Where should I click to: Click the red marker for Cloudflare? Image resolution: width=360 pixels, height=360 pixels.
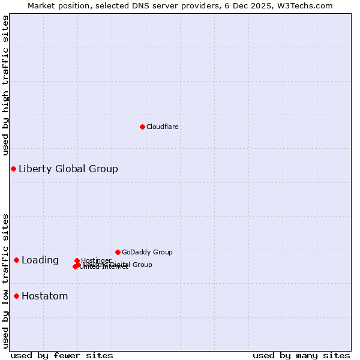point(142,127)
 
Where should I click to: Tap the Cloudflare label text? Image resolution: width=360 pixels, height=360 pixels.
point(163,127)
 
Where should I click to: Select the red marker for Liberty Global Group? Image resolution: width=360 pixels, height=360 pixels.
point(13,169)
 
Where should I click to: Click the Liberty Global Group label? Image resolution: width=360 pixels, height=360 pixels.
point(68,169)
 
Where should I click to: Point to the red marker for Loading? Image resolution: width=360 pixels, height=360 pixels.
point(16,260)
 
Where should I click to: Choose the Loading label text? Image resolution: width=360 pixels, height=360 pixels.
point(40,260)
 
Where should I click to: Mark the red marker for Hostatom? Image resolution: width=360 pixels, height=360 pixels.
point(16,296)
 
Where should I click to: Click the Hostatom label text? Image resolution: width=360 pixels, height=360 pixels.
point(45,296)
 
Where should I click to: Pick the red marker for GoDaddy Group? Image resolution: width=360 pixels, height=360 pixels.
point(118,252)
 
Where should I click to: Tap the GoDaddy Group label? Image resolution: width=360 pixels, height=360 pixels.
point(147,252)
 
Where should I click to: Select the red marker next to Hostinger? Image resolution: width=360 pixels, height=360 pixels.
point(77,261)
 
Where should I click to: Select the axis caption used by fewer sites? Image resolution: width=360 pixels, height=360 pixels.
point(62,355)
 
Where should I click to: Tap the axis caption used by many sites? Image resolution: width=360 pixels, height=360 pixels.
point(301,355)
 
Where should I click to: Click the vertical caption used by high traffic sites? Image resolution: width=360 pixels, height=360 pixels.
point(6,85)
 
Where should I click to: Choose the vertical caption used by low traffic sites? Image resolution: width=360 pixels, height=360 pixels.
point(6,280)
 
